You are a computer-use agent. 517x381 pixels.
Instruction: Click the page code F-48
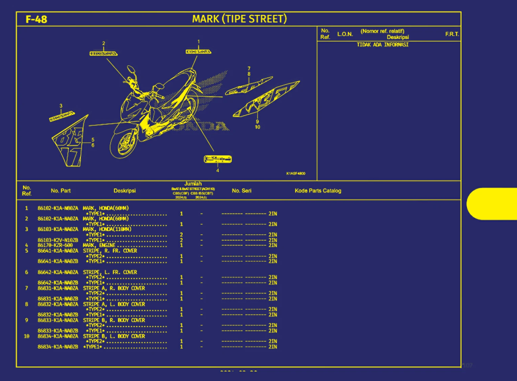[x=36, y=19]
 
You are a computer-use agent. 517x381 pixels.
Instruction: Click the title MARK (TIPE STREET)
[x=239, y=19]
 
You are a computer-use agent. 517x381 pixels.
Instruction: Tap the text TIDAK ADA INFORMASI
[x=382, y=45]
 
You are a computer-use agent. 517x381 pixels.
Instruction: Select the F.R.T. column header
[x=452, y=34]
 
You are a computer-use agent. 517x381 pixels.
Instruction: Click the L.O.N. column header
[x=345, y=34]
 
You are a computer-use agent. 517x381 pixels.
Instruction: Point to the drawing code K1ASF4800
[x=295, y=173]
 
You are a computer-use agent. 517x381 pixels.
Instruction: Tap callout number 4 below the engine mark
[x=218, y=170]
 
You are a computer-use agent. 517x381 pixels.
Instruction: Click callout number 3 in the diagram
[x=61, y=106]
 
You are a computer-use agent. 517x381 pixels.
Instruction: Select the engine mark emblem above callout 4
[x=218, y=159]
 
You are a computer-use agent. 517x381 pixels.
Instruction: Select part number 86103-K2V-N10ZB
[x=58, y=240]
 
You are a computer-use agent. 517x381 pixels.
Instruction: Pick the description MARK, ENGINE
[x=99, y=245]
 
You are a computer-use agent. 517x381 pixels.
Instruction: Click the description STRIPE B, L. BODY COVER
[x=114, y=336]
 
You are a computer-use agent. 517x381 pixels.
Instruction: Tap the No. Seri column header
[x=242, y=191]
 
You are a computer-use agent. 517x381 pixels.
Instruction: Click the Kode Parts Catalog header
[x=318, y=191]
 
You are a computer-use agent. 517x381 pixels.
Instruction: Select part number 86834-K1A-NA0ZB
[x=58, y=347]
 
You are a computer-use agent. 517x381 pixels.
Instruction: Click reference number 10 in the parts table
[x=26, y=336]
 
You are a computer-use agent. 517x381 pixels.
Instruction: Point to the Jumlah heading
[x=193, y=184]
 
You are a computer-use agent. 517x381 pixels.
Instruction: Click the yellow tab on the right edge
[x=492, y=204]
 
